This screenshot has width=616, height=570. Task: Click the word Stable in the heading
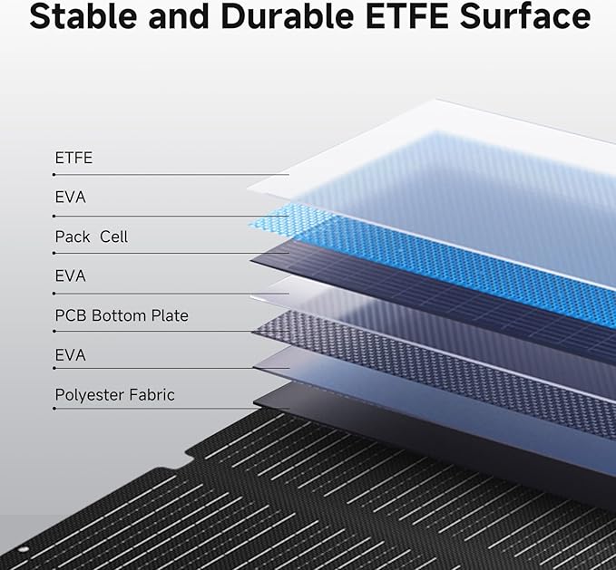[83, 16]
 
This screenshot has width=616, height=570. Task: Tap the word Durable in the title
[288, 16]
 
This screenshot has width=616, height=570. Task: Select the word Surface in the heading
[525, 16]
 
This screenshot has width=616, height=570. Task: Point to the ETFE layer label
[73, 158]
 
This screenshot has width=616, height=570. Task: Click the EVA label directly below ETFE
[71, 198]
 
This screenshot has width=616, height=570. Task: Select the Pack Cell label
[92, 237]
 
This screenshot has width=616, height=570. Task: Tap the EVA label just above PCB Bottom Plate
[71, 276]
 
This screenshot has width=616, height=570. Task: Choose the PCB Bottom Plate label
[122, 315]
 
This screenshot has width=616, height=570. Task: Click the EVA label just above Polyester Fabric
[71, 355]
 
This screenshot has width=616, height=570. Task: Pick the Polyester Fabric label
[114, 395]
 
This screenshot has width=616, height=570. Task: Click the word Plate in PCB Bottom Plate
[170, 315]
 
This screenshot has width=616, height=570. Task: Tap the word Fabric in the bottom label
[152, 394]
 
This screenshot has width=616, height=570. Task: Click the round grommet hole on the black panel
[23, 549]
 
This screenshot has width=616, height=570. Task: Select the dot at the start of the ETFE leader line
[54, 175]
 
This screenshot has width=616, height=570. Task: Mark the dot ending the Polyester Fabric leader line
[54, 409]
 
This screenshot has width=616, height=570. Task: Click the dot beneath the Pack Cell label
[54, 254]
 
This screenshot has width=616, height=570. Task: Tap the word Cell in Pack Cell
[114, 237]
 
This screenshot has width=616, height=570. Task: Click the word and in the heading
[179, 16]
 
